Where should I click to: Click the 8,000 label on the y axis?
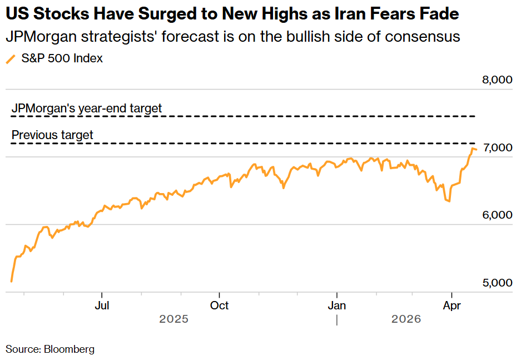coord(497,80)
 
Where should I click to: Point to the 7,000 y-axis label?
coord(497,147)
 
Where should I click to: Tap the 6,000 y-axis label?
coord(497,215)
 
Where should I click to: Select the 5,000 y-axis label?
coord(497,283)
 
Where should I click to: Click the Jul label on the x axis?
coord(102,305)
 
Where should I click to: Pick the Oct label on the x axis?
coord(220,305)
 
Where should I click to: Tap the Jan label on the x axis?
coord(337,305)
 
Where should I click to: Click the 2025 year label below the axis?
coord(173,319)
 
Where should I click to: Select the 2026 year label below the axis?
coord(406,319)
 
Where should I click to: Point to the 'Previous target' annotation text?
coord(52,135)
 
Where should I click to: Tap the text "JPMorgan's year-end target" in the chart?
coord(87,108)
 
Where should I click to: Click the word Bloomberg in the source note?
coord(69,349)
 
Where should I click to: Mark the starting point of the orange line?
coord(12,282)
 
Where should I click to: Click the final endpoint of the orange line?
coord(476,149)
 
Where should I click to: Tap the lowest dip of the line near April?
coord(448,201)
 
